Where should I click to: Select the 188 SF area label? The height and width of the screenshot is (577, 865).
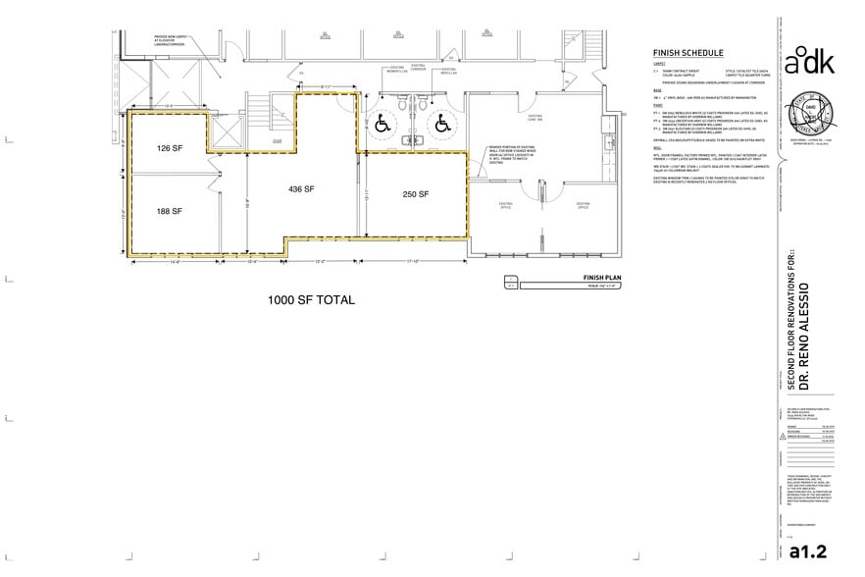[171, 210]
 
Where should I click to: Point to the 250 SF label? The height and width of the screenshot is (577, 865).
[416, 194]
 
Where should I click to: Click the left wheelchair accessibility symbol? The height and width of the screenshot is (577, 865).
[382, 125]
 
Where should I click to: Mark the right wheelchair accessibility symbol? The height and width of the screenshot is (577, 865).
[442, 125]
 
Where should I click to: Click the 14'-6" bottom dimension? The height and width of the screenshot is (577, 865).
[177, 261]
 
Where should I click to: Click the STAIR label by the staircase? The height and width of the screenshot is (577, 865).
[278, 140]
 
